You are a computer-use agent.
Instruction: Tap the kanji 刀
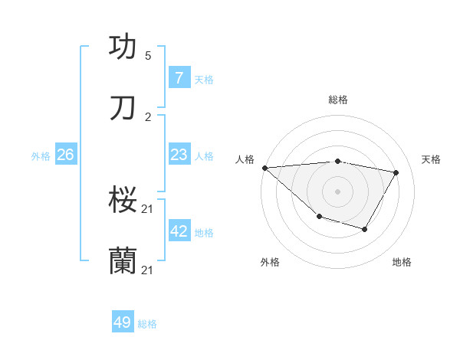pos(123,109)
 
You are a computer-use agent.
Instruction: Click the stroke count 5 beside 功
pos(148,56)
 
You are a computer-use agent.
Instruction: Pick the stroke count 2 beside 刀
pos(148,117)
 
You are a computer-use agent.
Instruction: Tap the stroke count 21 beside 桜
pos(149,208)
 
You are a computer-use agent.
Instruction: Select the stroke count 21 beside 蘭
pos(149,270)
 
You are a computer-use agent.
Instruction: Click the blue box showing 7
pos(179,77)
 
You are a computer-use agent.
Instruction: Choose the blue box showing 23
pos(179,155)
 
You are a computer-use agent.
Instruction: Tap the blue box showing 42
pos(179,231)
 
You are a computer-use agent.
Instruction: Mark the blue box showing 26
pos(65,155)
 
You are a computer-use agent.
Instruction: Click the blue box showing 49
pos(123,322)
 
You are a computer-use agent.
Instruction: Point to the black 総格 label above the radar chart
pos(338,100)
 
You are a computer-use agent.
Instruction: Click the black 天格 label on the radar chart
pos(431,159)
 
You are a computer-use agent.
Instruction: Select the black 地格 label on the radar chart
pos(402,262)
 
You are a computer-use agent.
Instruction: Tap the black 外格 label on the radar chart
pos(270,262)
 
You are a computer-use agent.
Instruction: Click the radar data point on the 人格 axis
pos(264,168)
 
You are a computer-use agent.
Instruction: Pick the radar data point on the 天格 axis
pos(396,172)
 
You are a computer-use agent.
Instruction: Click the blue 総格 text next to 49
pos(147,324)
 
